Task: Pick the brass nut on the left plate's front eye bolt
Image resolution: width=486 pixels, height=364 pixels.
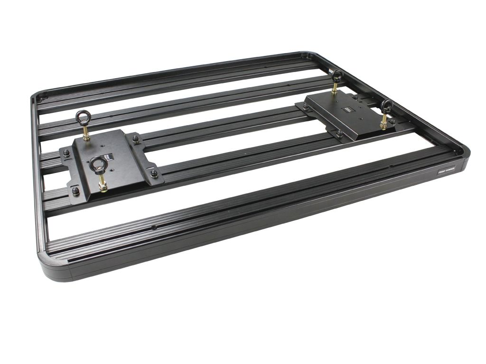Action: click(103, 186)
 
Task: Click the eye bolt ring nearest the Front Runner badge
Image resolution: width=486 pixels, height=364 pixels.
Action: click(386, 105)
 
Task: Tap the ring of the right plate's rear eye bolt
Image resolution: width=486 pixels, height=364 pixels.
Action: click(337, 74)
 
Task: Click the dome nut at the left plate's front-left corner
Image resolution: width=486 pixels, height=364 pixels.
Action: click(76, 191)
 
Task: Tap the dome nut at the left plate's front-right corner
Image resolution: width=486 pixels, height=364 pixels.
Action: click(154, 173)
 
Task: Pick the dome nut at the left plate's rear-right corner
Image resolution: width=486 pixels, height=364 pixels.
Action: click(136, 139)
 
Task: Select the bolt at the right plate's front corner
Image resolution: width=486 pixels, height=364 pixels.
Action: click(340, 135)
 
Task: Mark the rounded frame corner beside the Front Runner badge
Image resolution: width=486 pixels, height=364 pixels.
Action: click(463, 156)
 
